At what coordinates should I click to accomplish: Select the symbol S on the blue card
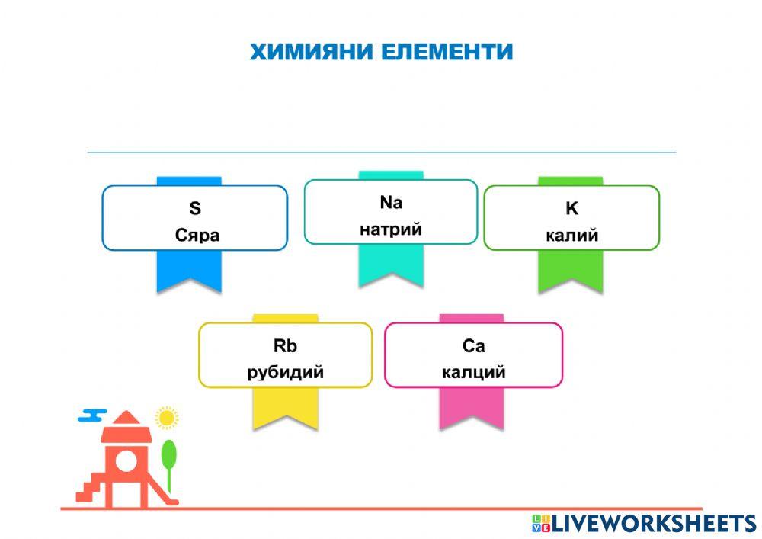tap(195, 208)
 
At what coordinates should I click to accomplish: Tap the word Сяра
tap(197, 235)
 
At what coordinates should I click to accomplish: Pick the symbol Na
tap(390, 203)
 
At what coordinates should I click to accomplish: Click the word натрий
tap(390, 229)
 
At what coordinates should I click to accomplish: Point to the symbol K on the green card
tap(571, 208)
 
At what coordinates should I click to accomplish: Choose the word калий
tap(571, 235)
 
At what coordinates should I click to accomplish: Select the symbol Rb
tap(285, 346)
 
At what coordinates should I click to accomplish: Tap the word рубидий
tap(285, 373)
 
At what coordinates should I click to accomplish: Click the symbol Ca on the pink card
tap(473, 346)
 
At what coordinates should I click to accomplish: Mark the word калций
tap(473, 373)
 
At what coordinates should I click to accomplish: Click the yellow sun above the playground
tap(166, 418)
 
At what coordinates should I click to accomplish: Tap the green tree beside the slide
tap(168, 455)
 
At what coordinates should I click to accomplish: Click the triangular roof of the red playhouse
tap(127, 421)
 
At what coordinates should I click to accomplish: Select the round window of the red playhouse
tap(126, 460)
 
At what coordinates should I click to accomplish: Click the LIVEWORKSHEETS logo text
tap(654, 523)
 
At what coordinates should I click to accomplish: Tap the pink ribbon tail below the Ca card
tap(471, 412)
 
